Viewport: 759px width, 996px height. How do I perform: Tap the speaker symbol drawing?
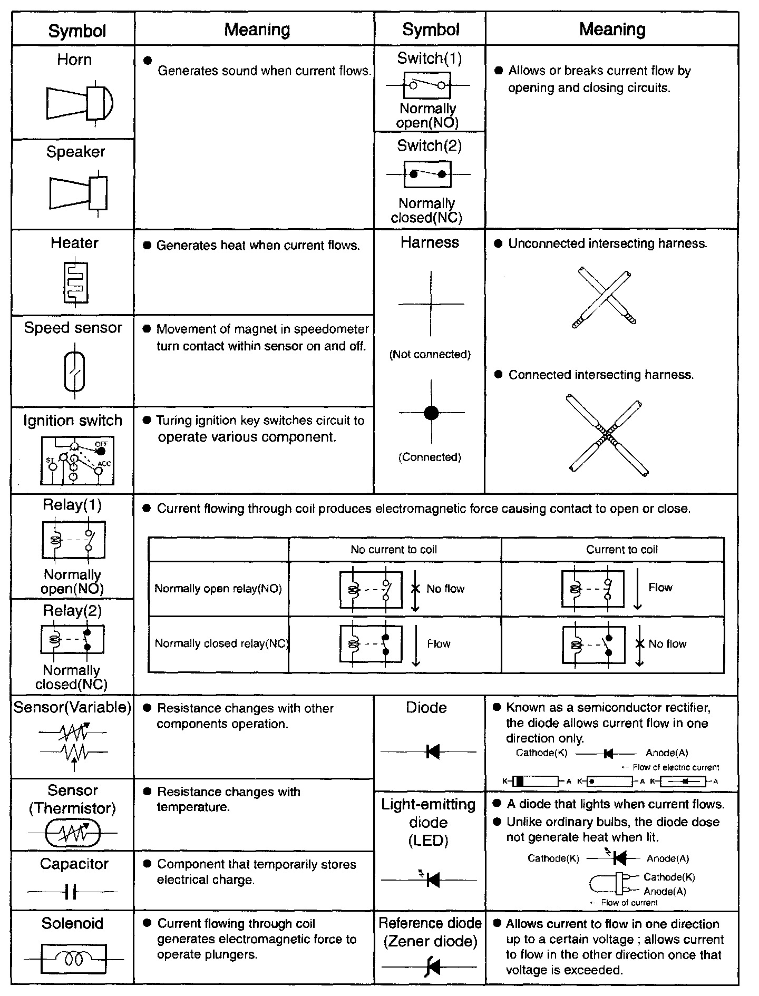(79, 193)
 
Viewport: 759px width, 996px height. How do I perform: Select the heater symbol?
(75, 282)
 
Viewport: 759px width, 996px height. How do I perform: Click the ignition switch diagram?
(77, 461)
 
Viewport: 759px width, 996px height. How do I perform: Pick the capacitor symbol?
(72, 892)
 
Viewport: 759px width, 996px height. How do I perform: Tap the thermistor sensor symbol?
(73, 833)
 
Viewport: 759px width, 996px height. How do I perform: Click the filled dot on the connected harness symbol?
(431, 413)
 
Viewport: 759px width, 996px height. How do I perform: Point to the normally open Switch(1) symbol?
(427, 85)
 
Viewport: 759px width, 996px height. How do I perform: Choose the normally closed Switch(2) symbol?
(427, 174)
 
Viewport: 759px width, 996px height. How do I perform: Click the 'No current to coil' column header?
(394, 550)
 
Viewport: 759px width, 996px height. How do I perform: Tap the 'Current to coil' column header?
(622, 550)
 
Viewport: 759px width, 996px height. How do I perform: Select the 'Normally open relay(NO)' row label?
(218, 589)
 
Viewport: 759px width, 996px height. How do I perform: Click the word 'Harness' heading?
(430, 242)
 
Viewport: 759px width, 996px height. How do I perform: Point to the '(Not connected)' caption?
(430, 354)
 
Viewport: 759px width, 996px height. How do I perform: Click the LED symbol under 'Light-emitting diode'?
(431, 879)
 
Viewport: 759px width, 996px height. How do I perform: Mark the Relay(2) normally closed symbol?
(73, 640)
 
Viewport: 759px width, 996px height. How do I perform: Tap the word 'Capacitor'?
(74, 864)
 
